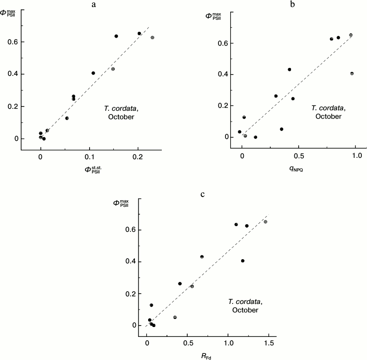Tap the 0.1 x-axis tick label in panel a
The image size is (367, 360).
90,155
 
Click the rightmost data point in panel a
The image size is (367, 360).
152,38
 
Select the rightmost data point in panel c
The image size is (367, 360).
266,221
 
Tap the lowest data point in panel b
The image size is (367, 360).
255,137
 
